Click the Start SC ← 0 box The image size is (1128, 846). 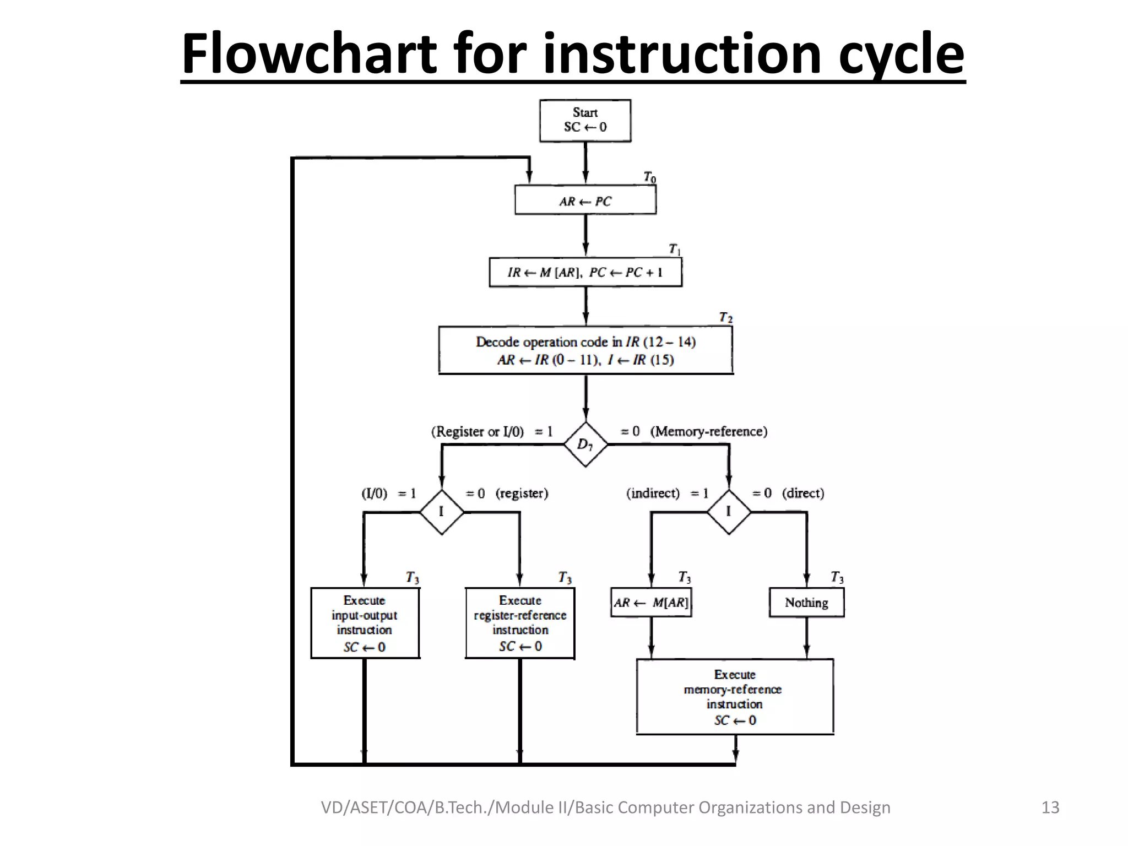click(x=585, y=121)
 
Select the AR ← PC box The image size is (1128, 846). click(x=585, y=200)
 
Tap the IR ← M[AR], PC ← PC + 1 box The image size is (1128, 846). click(x=585, y=273)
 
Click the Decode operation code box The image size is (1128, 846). click(x=585, y=350)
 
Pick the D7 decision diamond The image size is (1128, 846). click(x=585, y=444)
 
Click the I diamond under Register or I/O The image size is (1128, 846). click(x=441, y=512)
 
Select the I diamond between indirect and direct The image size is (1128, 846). click(x=729, y=512)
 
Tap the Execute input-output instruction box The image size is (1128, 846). click(x=365, y=623)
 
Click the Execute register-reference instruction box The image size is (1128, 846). click(x=520, y=623)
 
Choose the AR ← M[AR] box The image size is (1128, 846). click(x=651, y=603)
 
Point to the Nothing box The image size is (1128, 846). click(x=806, y=603)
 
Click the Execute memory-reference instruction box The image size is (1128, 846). click(x=735, y=697)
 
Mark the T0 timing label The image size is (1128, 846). click(x=650, y=177)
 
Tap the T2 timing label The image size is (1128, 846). click(x=725, y=318)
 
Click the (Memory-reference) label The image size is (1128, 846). click(x=709, y=431)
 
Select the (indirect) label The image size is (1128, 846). click(x=653, y=493)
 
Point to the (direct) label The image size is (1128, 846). click(x=803, y=493)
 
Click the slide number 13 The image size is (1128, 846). click(x=1050, y=807)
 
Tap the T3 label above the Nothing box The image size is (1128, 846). click(x=837, y=577)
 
